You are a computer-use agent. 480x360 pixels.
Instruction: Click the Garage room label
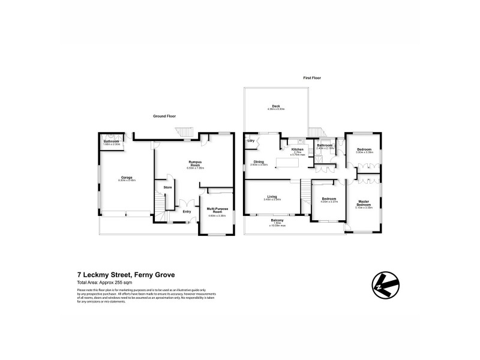click(126, 178)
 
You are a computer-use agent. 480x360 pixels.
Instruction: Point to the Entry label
click(187, 211)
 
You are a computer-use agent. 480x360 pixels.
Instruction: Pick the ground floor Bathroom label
click(112, 142)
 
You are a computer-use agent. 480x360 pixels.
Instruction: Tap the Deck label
click(277, 107)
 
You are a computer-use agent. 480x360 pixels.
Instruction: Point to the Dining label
click(259, 161)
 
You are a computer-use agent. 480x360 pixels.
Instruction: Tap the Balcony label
click(277, 220)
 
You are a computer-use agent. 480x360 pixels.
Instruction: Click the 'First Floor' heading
click(311, 77)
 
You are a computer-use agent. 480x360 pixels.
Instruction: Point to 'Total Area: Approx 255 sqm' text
click(104, 282)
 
